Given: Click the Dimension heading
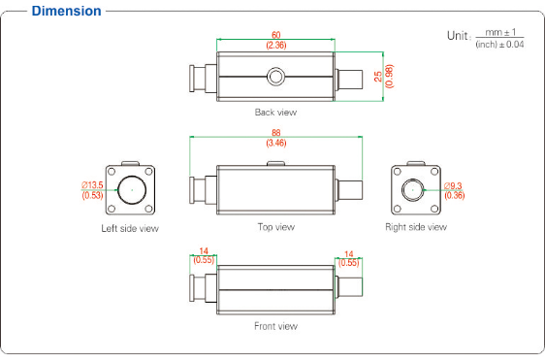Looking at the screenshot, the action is point(66,11).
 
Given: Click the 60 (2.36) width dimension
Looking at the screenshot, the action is point(276,40).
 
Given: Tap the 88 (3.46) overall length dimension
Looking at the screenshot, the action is point(276,138).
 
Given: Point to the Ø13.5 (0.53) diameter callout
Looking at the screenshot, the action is point(92,190).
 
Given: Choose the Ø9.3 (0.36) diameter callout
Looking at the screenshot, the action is point(455,190).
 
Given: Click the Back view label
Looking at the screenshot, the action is point(275,112).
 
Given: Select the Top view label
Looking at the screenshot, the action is point(276,227).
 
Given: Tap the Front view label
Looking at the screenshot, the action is point(275,326).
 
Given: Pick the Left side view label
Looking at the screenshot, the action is point(130,229).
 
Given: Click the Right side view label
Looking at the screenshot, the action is point(416,227).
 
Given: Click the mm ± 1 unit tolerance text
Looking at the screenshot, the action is point(500,32).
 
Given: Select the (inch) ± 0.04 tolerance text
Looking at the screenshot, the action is point(499,45).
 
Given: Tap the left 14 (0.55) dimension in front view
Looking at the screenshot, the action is point(204,255).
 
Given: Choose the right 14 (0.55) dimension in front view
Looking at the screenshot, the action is point(348,258).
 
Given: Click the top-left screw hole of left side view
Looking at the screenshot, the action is point(112,172).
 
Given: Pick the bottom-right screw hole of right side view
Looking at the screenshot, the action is point(434,209).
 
